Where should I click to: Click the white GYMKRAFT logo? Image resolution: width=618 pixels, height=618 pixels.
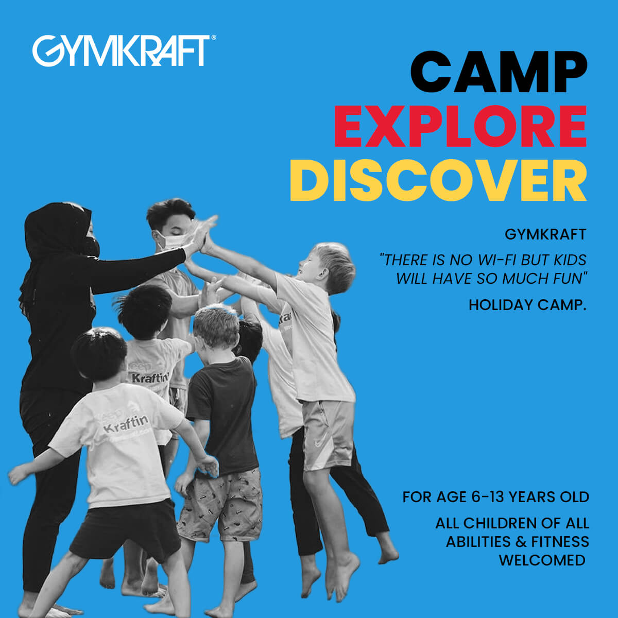121,50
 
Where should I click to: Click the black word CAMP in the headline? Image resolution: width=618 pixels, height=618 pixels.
499,72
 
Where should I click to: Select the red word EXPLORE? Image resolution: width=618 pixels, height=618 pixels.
460,126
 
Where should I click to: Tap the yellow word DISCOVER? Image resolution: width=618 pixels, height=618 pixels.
438,180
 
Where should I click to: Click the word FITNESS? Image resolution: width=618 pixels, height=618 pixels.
560,542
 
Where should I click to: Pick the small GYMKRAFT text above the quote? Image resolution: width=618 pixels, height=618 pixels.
545,234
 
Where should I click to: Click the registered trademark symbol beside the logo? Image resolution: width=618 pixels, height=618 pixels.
213,38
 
